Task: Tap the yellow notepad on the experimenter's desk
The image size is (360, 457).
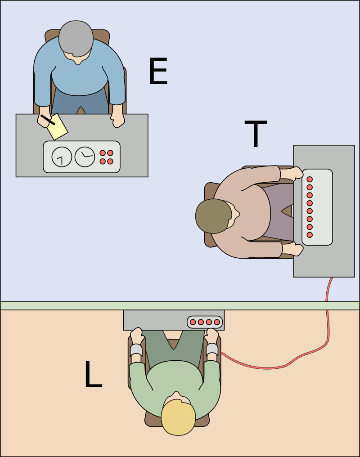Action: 57,126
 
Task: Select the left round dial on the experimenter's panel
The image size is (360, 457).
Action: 62,157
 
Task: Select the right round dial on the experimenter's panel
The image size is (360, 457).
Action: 84,157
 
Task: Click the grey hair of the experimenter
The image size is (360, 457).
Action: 75,39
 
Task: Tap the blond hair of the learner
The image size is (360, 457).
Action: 179,419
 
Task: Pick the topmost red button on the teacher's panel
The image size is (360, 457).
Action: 310,179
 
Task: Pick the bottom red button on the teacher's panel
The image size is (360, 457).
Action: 310,235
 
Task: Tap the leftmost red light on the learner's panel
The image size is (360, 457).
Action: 193,322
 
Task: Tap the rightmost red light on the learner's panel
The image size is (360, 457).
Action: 217,322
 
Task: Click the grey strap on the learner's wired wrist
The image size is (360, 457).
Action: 212,349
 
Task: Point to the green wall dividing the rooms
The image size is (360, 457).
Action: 180,306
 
